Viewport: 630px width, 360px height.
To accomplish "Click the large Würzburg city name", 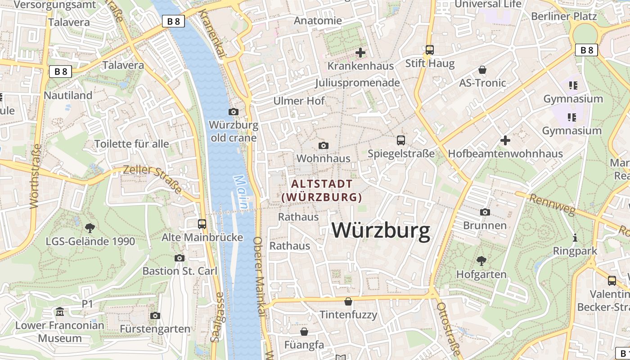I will point(381,230).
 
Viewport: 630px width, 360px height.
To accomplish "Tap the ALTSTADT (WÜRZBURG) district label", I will point(322,190).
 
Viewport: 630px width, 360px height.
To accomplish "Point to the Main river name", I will point(241,192).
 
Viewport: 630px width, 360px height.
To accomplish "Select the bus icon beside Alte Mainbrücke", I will point(202,224).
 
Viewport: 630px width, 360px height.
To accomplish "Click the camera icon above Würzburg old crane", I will point(234,112).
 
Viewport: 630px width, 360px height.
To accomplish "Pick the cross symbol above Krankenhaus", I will point(360,53).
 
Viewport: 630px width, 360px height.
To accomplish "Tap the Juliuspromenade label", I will point(357,83).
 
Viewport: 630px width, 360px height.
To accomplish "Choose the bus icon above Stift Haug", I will point(430,50).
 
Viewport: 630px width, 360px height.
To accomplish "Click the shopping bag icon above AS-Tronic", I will point(482,70).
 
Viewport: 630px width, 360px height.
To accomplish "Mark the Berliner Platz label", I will point(564,17).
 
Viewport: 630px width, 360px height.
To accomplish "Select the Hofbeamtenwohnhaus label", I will point(505,154).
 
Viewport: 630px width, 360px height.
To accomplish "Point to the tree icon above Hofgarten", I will point(481,261).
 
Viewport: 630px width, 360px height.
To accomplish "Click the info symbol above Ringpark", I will point(575,238).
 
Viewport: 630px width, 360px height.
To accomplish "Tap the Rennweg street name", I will point(547,205).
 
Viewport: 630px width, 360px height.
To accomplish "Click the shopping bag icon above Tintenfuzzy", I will point(348,301).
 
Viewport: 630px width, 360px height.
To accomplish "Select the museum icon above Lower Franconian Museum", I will point(60,311).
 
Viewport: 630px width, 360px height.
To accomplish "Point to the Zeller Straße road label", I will point(153,179).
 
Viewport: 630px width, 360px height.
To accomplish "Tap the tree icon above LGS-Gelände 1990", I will point(90,228).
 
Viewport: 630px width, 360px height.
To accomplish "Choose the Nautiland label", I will point(68,95).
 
